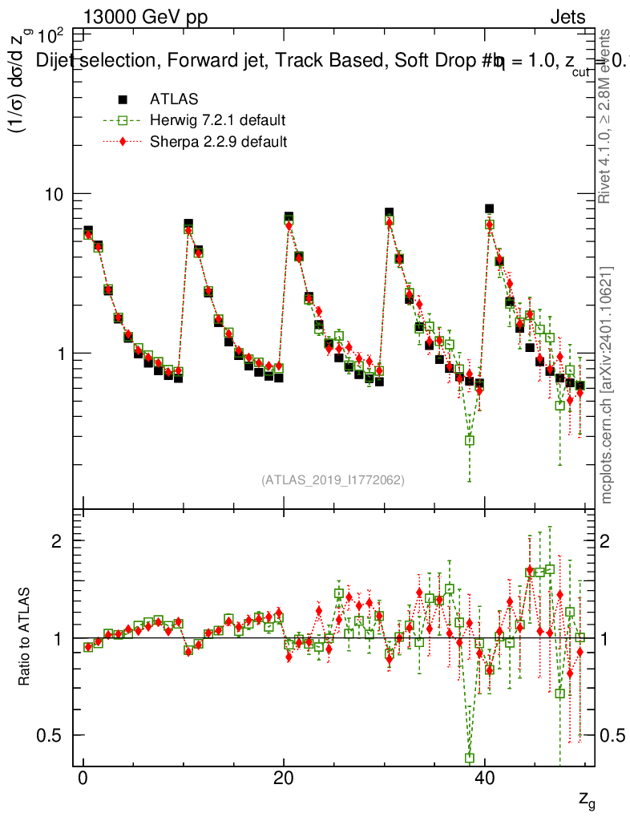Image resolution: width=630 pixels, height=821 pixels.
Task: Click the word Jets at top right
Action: pyautogui.click(x=567, y=17)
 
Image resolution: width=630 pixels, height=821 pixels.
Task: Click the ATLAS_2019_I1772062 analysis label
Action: pyautogui.click(x=333, y=480)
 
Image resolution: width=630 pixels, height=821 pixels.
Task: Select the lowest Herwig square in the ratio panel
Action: pyautogui.click(x=470, y=758)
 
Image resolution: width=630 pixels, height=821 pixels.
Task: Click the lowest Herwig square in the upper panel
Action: pyautogui.click(x=470, y=440)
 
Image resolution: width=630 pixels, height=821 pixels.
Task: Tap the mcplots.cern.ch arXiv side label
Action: pyautogui.click(x=607, y=385)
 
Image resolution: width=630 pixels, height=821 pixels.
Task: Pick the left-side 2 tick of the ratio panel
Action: pyautogui.click(x=56, y=540)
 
